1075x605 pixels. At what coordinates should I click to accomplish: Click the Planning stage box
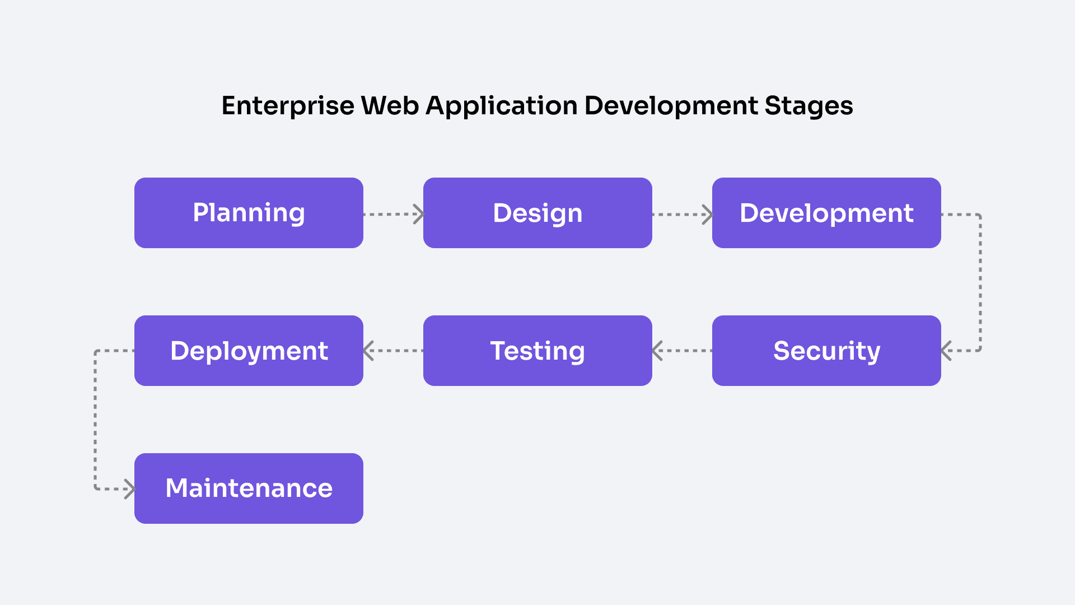point(249,213)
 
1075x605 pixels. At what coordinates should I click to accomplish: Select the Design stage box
point(537,213)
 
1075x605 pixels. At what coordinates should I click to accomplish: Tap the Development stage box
point(826,213)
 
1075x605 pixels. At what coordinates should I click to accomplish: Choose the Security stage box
point(826,351)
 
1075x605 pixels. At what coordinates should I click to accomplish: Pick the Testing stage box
point(537,351)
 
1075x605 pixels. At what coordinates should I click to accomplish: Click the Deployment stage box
point(249,351)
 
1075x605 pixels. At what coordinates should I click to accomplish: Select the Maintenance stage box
point(249,488)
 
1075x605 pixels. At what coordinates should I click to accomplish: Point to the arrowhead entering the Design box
point(419,214)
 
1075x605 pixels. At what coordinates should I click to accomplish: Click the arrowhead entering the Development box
point(708,214)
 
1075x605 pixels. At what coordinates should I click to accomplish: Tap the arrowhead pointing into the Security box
point(946,351)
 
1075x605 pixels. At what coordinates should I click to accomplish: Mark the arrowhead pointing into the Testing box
point(657,351)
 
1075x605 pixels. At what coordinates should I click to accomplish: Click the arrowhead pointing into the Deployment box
point(368,351)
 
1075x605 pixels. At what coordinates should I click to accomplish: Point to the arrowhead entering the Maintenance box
point(130,489)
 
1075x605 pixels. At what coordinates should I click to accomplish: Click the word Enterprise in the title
point(288,106)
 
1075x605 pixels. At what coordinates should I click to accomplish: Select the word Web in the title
point(390,106)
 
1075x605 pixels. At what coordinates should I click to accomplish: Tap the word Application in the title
point(502,106)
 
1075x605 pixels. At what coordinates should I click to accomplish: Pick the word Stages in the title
point(808,106)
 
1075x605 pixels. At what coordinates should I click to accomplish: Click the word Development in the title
point(671,106)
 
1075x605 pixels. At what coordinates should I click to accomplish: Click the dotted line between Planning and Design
point(389,214)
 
